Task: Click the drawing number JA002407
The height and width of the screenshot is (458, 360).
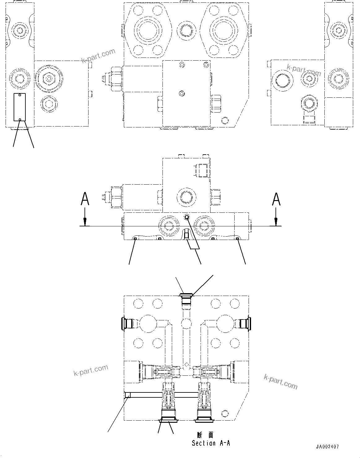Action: (x=327, y=447)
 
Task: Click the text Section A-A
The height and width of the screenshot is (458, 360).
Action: (x=211, y=443)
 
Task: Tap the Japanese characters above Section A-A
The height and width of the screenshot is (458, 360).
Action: (x=205, y=435)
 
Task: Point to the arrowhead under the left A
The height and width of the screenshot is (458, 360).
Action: (x=85, y=222)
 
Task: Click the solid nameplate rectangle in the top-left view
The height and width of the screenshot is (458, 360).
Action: (x=20, y=107)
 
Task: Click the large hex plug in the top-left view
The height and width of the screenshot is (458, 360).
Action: (x=48, y=79)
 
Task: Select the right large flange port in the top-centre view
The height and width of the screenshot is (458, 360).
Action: (x=224, y=30)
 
